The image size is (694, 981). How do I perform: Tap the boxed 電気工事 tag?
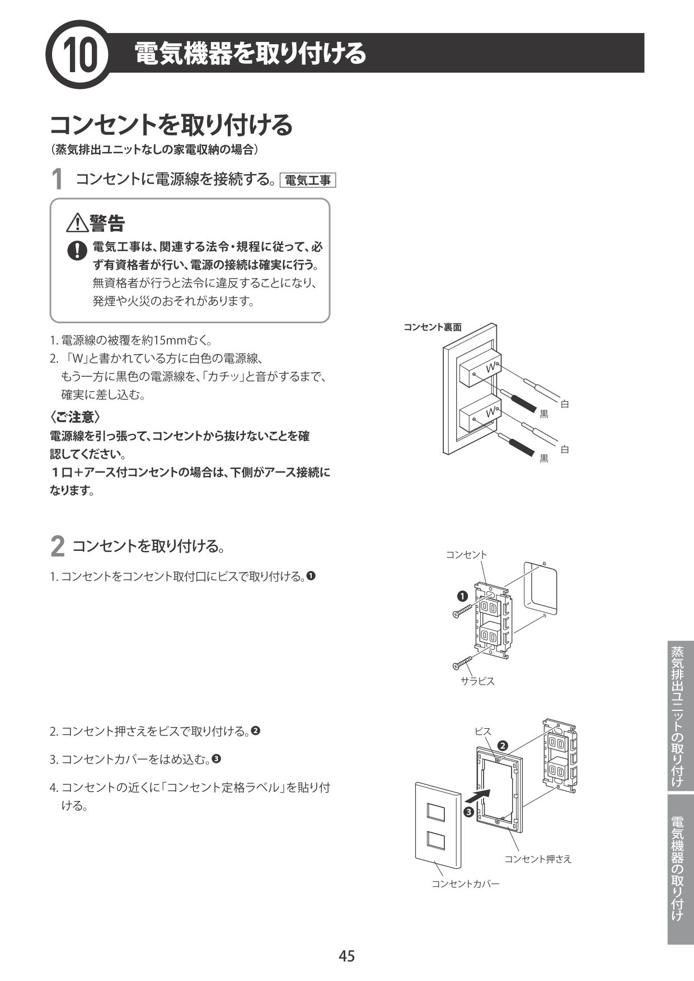click(307, 180)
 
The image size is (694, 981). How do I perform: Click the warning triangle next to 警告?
click(76, 224)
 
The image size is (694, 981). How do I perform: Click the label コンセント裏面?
click(432, 327)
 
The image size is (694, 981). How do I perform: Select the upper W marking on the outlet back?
click(491, 367)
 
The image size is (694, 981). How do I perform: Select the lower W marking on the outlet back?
click(491, 412)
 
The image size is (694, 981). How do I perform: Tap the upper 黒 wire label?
click(543, 414)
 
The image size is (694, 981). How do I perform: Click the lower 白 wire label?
click(564, 449)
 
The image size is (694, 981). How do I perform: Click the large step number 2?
click(57, 546)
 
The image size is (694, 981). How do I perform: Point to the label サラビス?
click(477, 681)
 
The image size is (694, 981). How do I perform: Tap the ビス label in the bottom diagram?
click(482, 731)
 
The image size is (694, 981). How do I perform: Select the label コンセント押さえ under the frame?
click(537, 859)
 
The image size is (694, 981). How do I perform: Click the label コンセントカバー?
click(465, 884)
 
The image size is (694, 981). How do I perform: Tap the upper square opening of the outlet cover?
click(435, 813)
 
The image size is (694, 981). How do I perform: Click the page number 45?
click(346, 956)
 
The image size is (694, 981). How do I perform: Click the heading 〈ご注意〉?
click(74, 417)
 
